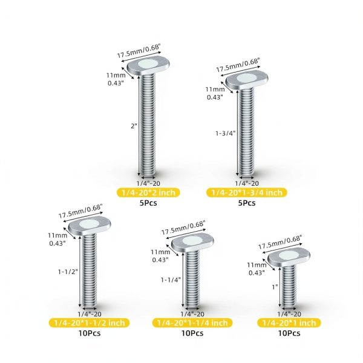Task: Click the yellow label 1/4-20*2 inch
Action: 148,192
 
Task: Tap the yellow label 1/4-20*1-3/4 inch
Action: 247,192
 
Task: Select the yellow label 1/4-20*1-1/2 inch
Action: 89,323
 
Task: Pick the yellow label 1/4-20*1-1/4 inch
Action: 192,323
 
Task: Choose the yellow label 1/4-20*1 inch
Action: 289,323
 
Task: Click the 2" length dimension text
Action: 134,126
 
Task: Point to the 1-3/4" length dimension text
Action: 225,133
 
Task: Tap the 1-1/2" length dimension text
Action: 68,272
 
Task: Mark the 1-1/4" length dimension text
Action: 171,280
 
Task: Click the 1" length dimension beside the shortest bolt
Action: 275,287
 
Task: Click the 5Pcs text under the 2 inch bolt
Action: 148,203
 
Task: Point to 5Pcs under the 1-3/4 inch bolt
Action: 247,203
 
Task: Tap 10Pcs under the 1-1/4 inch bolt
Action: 192,333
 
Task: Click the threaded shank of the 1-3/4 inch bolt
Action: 247,132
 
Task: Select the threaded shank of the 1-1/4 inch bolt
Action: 192,279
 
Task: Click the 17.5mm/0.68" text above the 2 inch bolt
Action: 139,51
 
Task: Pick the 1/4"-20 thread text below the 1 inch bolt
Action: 289,314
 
